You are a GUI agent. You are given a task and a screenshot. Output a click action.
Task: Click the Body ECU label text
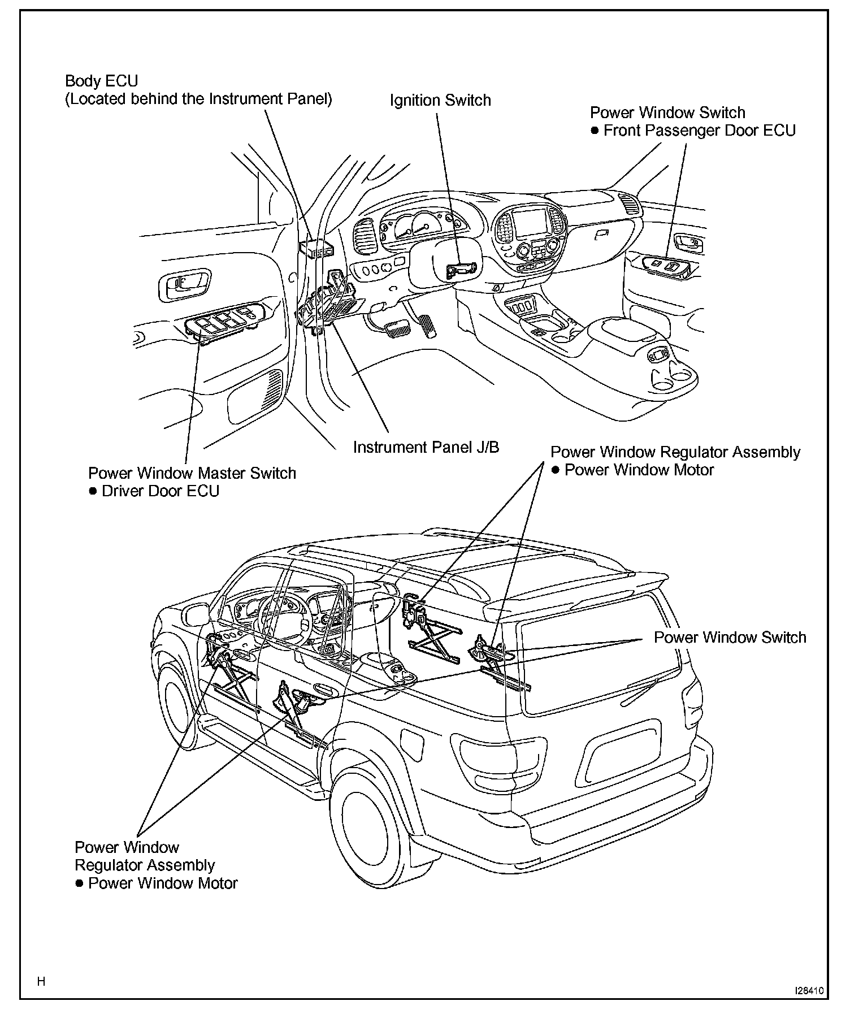(x=101, y=81)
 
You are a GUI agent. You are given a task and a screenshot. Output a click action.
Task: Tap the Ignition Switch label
(x=440, y=101)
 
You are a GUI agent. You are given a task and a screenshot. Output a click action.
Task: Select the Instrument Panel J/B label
(x=426, y=448)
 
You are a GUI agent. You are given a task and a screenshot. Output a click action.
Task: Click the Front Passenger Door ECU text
(x=699, y=131)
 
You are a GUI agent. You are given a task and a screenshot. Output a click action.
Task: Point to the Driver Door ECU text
(x=160, y=491)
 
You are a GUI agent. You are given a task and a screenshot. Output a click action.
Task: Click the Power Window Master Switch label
(x=192, y=473)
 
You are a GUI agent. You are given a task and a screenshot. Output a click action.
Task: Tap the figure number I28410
(x=809, y=990)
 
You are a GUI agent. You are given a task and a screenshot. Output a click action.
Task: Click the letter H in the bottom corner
(x=41, y=981)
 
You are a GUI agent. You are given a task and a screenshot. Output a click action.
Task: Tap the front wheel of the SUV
(x=175, y=707)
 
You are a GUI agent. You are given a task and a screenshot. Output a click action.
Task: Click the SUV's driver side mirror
(x=193, y=614)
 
